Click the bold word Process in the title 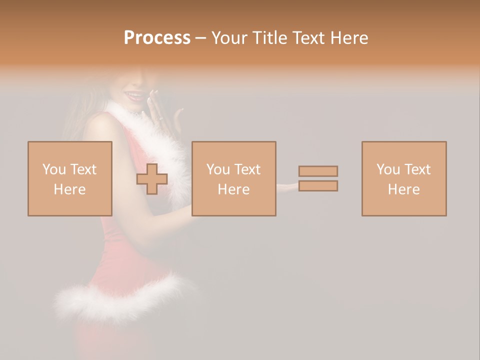(x=157, y=38)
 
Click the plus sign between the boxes (x=152, y=178)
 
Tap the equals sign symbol (x=318, y=178)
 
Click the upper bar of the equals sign (x=318, y=171)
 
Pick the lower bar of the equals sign (x=318, y=186)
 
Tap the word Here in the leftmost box (x=69, y=189)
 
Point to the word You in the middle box (x=218, y=169)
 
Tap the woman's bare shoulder (x=100, y=127)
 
